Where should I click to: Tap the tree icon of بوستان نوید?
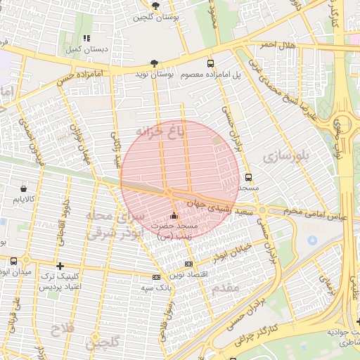pyautogui.click(x=155, y=63)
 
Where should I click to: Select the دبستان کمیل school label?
pyautogui.click(x=86, y=50)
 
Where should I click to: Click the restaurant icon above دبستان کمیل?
pyautogui.click(x=86, y=38)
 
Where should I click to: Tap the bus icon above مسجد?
pyautogui.click(x=248, y=177)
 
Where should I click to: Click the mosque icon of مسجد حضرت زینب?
pyautogui.click(x=174, y=215)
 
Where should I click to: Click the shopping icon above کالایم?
pyautogui.click(x=24, y=189)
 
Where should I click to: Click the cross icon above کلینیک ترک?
pyautogui.click(x=61, y=266)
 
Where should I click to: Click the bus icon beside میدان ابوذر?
pyautogui.click(x=13, y=260)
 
